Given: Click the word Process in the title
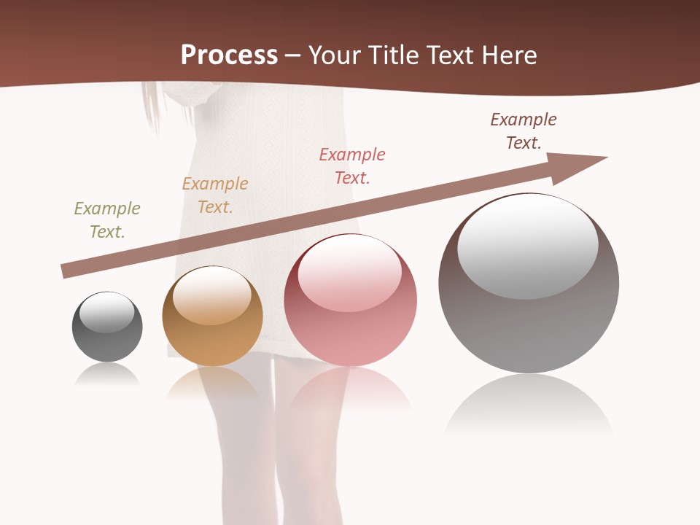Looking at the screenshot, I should click(229, 55).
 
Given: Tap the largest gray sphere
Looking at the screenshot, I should click(529, 328).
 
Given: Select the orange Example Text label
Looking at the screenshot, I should click(215, 195).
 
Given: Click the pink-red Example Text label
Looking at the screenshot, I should click(352, 166).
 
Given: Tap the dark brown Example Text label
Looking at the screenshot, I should click(524, 131).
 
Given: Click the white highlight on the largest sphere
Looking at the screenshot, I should click(528, 245).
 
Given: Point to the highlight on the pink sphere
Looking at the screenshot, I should click(350, 273).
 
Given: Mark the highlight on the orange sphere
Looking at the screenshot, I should click(212, 295).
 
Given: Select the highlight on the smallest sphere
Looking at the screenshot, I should click(107, 312).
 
